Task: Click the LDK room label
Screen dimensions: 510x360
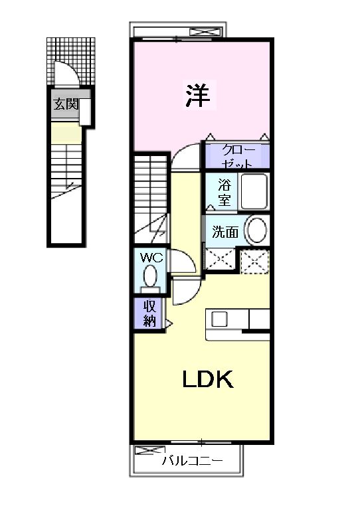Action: coord(207,380)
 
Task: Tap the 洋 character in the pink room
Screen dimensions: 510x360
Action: coord(197,97)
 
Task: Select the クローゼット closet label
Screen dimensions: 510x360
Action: coord(236,155)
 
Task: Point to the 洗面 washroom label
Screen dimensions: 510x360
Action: coord(225,232)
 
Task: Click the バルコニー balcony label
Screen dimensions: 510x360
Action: coord(192,461)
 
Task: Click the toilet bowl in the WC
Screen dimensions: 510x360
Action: coord(151,275)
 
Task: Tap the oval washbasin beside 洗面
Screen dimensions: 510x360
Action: coord(256,231)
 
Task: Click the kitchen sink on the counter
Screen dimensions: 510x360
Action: coord(219,319)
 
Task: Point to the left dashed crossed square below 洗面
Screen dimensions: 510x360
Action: coord(220,260)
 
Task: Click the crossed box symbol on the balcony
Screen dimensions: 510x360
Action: coord(146,451)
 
